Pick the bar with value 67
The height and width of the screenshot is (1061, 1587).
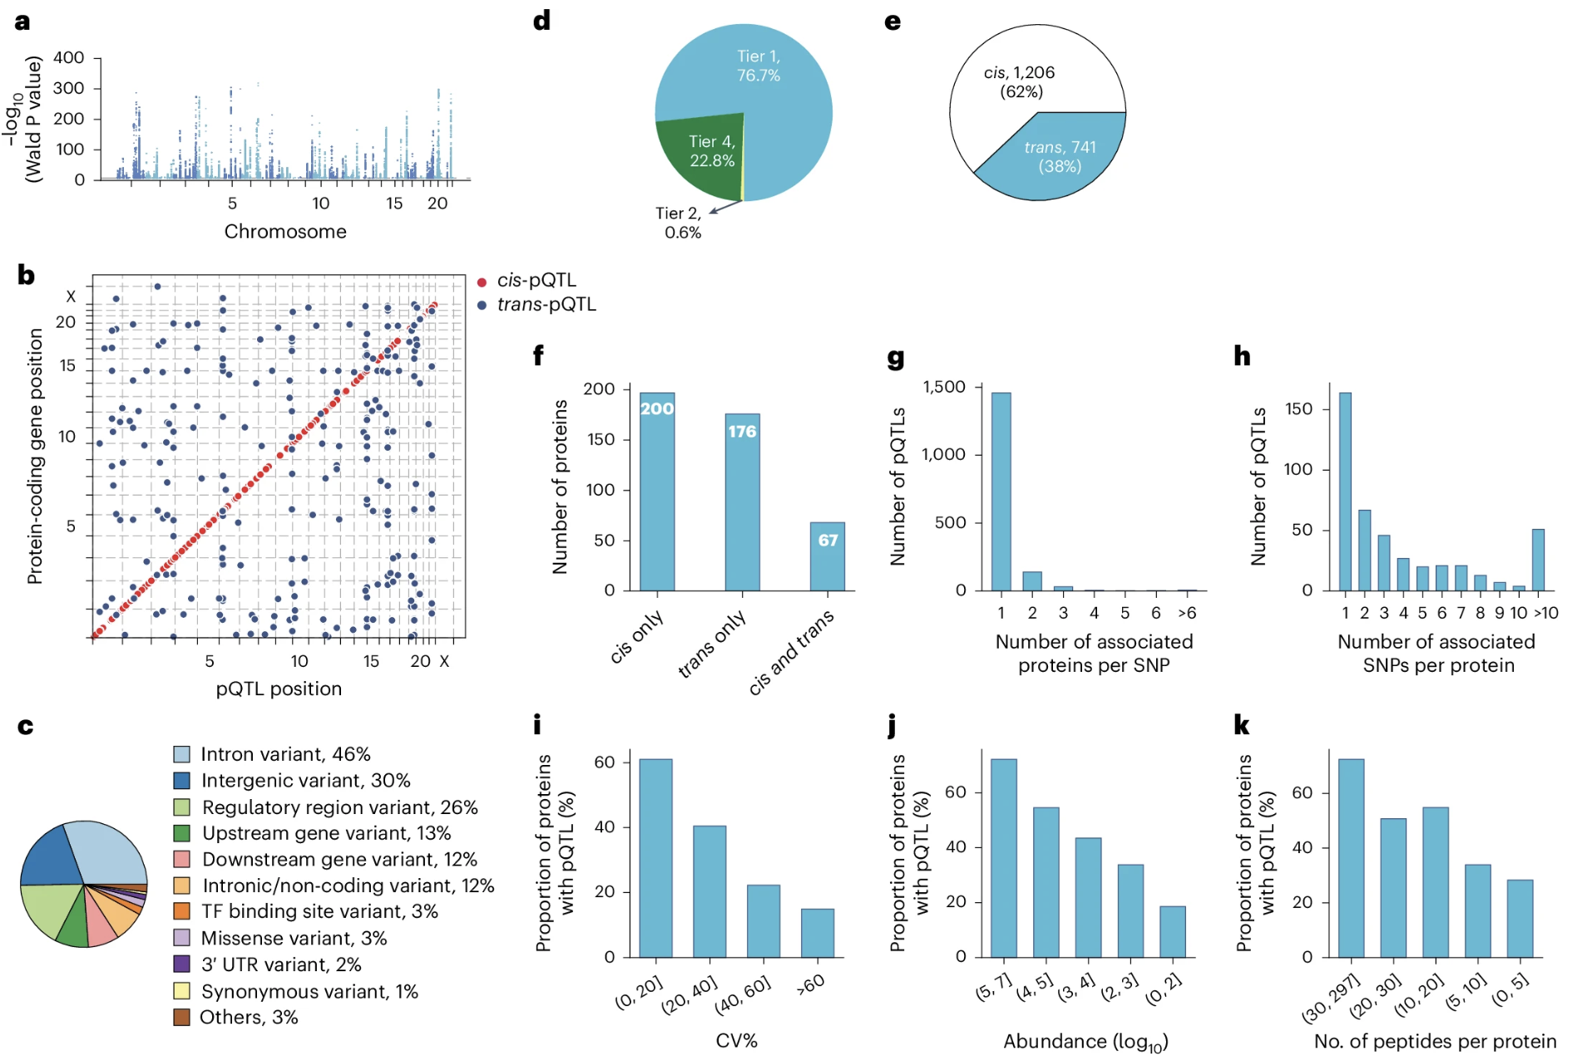point(827,556)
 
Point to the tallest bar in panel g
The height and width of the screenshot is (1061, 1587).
point(1001,491)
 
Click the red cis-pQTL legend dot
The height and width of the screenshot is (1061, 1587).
point(482,282)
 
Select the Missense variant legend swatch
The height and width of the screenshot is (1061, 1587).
point(181,938)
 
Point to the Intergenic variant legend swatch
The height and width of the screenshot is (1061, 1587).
point(181,781)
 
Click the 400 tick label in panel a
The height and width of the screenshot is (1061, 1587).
point(68,57)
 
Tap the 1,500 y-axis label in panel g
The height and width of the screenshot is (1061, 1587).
point(944,387)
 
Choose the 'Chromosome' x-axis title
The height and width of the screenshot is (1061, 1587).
point(285,231)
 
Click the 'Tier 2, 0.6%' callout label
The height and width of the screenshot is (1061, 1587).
point(679,223)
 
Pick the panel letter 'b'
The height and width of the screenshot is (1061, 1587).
point(26,275)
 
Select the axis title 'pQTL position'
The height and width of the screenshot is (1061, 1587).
point(279,688)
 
